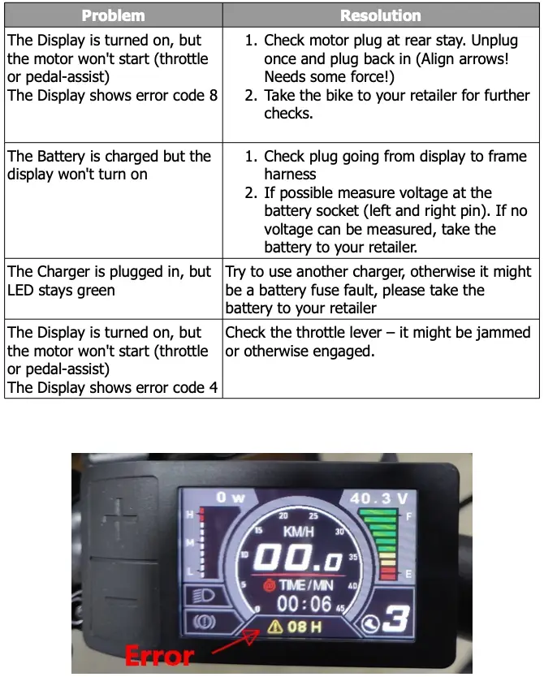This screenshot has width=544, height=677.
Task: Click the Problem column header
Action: tap(114, 15)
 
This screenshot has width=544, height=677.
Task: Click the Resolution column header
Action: tap(381, 15)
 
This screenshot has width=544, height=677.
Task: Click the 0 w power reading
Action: tap(231, 497)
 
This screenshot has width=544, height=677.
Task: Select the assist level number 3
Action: tap(395, 619)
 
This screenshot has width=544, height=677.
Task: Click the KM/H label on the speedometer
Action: tap(300, 531)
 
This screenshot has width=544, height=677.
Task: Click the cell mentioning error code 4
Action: tap(114, 360)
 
